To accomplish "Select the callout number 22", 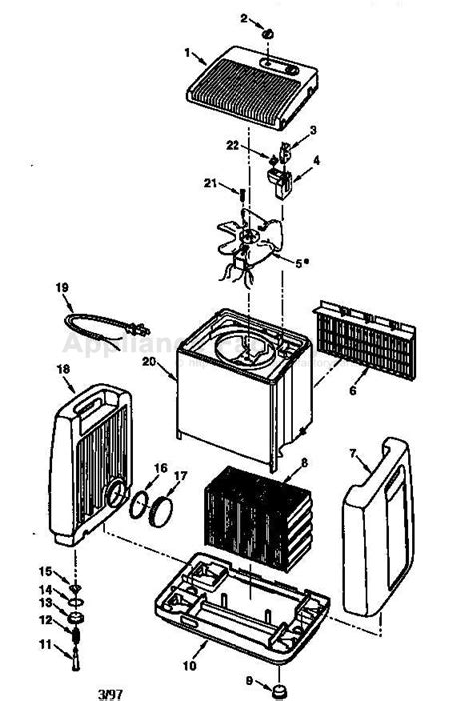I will coord(232,146).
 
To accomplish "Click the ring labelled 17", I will coord(158,514).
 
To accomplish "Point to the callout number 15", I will coord(43,571).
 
